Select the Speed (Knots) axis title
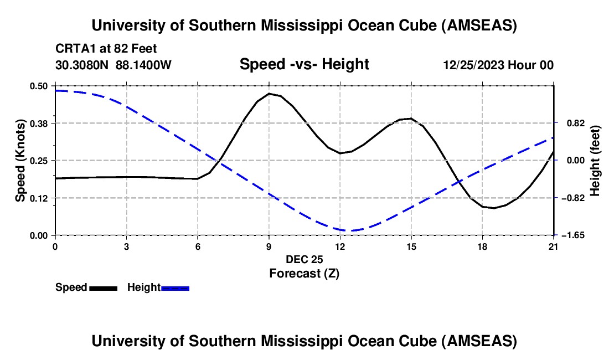click(x=20, y=160)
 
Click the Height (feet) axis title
click(x=596, y=160)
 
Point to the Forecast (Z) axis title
click(x=304, y=273)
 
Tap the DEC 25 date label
click(x=304, y=259)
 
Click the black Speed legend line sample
click(x=103, y=287)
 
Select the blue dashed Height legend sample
click(x=176, y=287)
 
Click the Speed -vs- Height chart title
click(x=304, y=65)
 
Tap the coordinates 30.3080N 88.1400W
click(x=113, y=65)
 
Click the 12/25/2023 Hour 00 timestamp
click(x=498, y=65)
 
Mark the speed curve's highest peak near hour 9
click(x=269, y=94)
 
